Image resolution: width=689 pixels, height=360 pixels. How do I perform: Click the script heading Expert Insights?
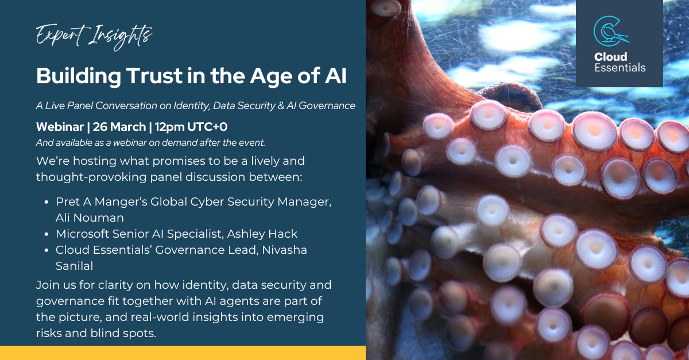[x=94, y=37]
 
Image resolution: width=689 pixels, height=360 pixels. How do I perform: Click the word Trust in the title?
[x=154, y=76]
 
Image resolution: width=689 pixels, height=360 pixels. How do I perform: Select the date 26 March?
[x=119, y=127]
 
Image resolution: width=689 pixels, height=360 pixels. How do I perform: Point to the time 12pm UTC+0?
[x=191, y=127]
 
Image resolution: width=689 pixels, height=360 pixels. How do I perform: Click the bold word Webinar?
[x=60, y=127]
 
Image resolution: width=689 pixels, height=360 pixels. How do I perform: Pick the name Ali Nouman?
[x=90, y=218]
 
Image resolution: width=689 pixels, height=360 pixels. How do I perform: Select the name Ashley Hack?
[x=262, y=234]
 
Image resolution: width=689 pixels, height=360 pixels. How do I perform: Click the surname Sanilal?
[x=74, y=266]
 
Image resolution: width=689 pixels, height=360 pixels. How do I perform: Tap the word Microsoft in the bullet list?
[x=83, y=234]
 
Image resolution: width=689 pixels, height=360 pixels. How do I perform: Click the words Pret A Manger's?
[x=100, y=202]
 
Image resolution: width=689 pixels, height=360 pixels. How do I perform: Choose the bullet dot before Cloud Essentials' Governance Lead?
[x=47, y=250]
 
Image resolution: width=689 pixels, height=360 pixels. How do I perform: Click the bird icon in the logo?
[x=611, y=31]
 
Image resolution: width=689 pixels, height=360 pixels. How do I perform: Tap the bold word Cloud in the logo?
[x=610, y=57]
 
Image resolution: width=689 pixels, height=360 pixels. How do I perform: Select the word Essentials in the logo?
[x=620, y=68]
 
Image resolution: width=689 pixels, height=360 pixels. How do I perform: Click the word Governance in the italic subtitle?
[x=327, y=106]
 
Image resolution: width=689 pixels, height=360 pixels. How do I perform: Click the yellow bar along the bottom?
[x=183, y=353]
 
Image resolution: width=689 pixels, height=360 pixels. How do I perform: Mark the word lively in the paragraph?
[x=266, y=161]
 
